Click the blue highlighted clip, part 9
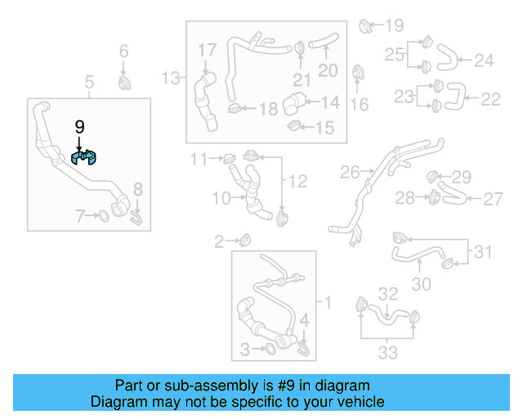coord(84,157)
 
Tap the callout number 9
coord(79,127)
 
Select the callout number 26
coord(350,173)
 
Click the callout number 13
coord(170,79)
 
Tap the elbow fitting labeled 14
coord(293,105)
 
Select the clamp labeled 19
coord(367,26)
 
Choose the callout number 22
coord(490,99)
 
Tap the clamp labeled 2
coord(244,241)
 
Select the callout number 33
coord(387,353)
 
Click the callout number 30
coord(420,284)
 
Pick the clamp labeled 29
coord(435,175)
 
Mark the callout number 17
coord(206,51)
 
